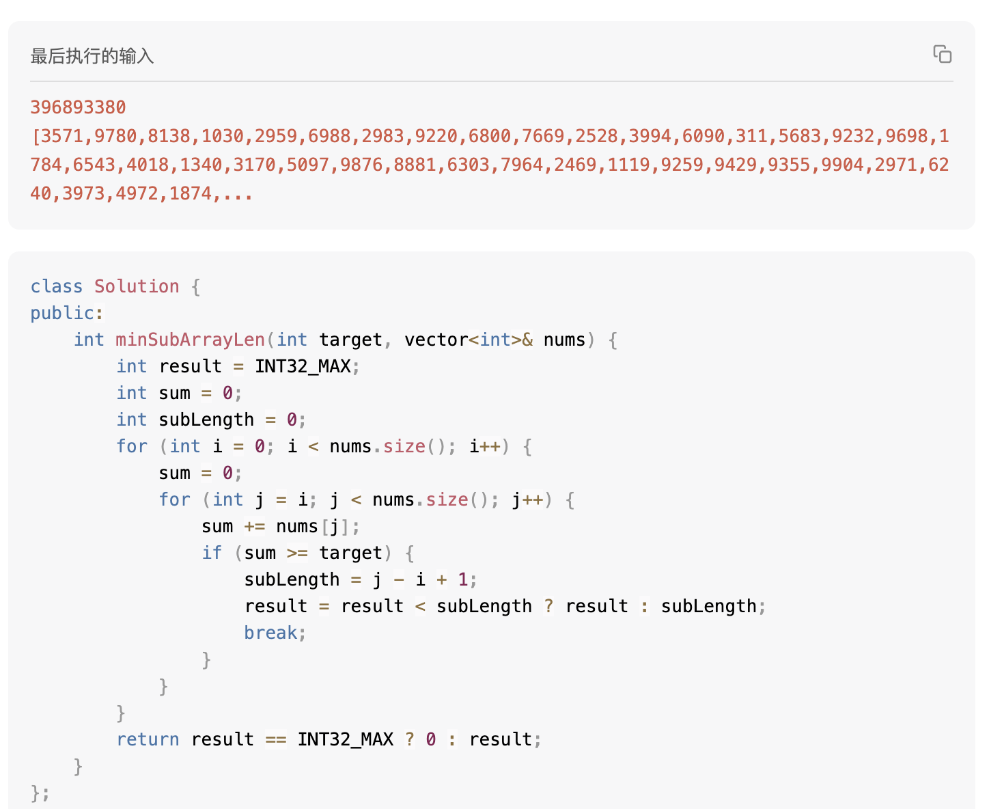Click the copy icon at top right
pos(942,54)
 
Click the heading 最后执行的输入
pos(92,56)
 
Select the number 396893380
pos(79,107)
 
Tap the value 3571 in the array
pos(62,136)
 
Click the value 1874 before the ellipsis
pos(191,193)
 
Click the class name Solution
pos(137,286)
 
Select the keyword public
pos(62,313)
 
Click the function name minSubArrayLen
pos(191,340)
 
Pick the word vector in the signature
pos(436,340)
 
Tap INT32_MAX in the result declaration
pos(303,366)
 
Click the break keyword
pos(270,633)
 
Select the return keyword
pos(148,739)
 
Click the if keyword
pos(212,553)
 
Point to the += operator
pos(255,527)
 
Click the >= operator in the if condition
pos(297,553)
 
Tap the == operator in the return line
pos(276,740)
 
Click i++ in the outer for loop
pos(485,446)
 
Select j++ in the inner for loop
pos(527,499)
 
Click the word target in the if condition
pos(351,553)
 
